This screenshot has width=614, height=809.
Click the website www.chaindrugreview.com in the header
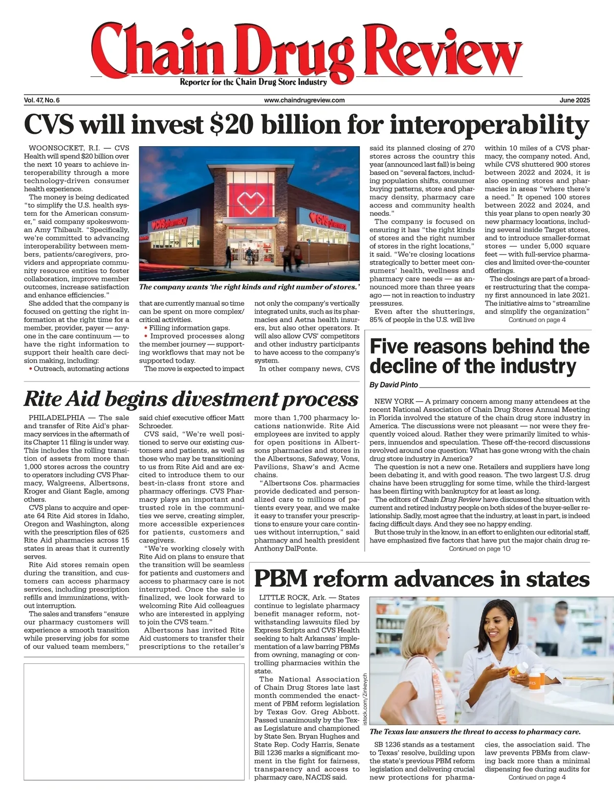(x=304, y=100)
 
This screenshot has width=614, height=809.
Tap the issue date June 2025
(x=574, y=100)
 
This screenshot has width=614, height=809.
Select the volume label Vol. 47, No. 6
(x=42, y=100)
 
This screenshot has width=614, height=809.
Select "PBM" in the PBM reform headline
(x=281, y=579)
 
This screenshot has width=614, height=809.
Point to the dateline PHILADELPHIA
(x=57, y=418)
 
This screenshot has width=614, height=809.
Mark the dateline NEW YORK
(x=393, y=401)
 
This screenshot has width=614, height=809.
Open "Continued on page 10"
(x=479, y=549)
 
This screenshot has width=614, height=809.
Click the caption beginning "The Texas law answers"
(x=475, y=732)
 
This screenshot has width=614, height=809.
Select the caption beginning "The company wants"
(x=249, y=287)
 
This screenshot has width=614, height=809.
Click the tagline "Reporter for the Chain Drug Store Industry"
(x=253, y=82)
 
